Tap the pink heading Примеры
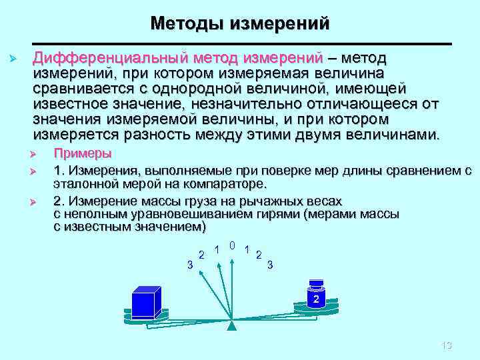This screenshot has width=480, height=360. coord(82,153)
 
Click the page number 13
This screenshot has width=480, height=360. coord(447,345)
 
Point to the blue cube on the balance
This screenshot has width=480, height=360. coord(146,303)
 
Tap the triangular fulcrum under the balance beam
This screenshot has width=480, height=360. coord(231,326)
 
